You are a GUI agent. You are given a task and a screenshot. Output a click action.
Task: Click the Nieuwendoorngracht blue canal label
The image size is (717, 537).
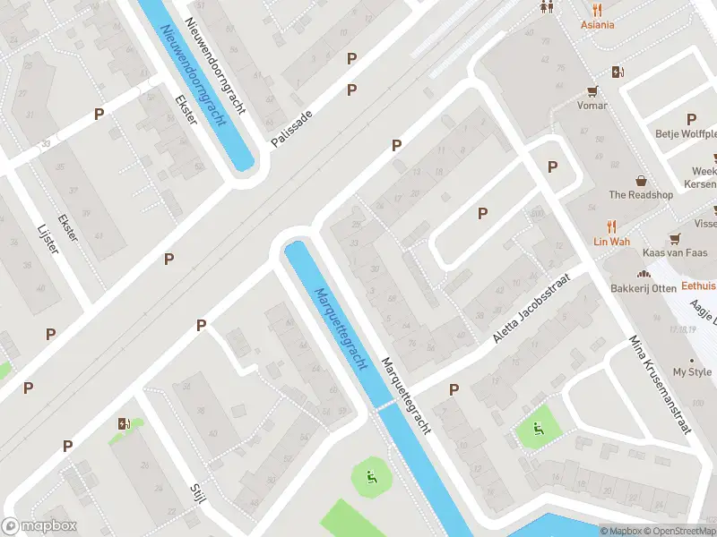point(192,74)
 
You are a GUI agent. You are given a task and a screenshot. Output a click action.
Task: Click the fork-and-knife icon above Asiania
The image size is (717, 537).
point(596,9)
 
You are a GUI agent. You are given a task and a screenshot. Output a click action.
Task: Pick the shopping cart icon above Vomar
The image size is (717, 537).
point(592,90)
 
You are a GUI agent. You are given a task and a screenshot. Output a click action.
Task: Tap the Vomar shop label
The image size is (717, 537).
point(592,106)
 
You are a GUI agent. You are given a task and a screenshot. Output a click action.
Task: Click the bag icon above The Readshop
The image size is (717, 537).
point(641,180)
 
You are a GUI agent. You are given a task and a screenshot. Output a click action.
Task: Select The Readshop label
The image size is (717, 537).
point(641,195)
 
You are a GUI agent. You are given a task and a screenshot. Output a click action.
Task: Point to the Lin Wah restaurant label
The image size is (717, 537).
point(612,242)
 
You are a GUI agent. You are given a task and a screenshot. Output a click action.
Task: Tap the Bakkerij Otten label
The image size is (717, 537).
point(643,288)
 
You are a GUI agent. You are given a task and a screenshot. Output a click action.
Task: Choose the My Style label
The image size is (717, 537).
point(692,371)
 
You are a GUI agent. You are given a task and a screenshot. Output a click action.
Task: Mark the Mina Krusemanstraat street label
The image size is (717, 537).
point(661,385)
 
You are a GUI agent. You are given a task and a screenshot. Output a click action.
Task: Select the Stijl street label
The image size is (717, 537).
point(198,492)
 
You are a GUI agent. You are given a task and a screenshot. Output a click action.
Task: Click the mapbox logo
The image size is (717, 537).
point(39,526)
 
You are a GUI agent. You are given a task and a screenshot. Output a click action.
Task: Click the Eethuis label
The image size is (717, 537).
point(699,286)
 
